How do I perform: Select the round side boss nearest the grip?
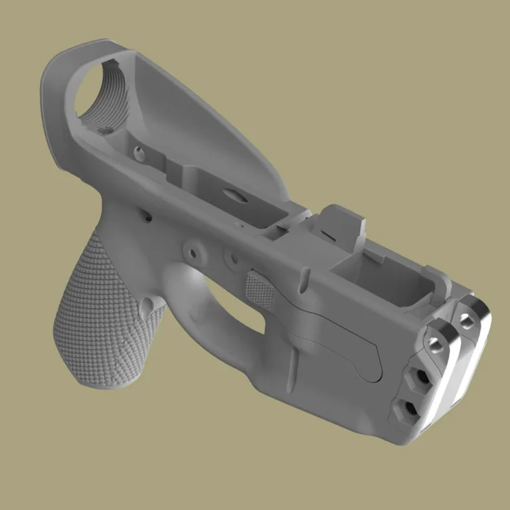pos(193,252)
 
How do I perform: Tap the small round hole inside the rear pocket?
pos(139,154)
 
